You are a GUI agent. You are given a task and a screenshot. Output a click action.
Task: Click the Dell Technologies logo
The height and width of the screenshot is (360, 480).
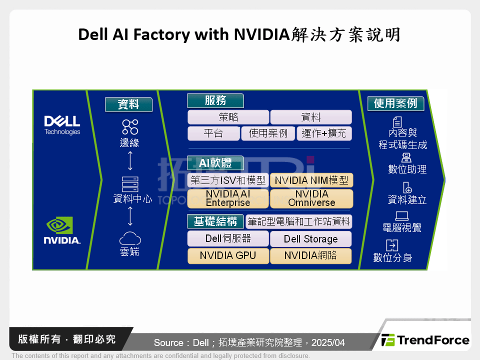pos(62,124)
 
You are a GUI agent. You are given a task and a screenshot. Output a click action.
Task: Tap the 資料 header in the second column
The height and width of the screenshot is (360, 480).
pos(128,104)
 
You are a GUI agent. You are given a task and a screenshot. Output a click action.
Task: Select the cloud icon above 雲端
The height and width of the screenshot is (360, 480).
pos(130,237)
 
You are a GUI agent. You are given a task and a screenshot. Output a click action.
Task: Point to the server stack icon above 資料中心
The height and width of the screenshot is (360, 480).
pos(130,184)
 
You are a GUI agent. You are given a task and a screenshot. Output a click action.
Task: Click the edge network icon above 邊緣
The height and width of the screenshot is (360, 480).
pos(130,126)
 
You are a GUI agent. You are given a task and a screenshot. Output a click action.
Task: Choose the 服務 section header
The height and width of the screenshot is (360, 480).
pos(215,100)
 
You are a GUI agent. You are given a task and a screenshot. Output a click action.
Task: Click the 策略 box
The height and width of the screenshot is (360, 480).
pos(228,117)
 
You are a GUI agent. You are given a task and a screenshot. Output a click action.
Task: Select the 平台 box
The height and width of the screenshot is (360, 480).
pos(213,133)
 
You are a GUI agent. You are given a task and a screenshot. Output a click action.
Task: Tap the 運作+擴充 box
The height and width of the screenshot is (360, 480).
pos(324,133)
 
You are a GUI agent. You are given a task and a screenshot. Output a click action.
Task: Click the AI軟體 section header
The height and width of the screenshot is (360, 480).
pos(215,163)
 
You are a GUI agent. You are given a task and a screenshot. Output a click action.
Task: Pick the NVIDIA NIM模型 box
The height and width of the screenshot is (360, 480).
pos(311,180)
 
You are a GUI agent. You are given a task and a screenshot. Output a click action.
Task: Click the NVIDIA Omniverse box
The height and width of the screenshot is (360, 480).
pos(311,198)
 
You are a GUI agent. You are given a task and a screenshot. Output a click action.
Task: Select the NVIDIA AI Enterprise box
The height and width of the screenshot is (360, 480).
pos(228,198)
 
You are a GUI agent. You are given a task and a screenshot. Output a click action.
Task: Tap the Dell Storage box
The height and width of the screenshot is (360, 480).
pos(311,238)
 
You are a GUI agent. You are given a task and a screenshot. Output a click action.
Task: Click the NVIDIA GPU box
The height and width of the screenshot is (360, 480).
pos(228,255)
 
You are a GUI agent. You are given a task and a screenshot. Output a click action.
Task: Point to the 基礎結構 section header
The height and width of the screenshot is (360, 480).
pos(215,221)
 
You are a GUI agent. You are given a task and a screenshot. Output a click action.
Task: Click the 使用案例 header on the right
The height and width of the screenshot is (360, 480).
pos(395,103)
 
